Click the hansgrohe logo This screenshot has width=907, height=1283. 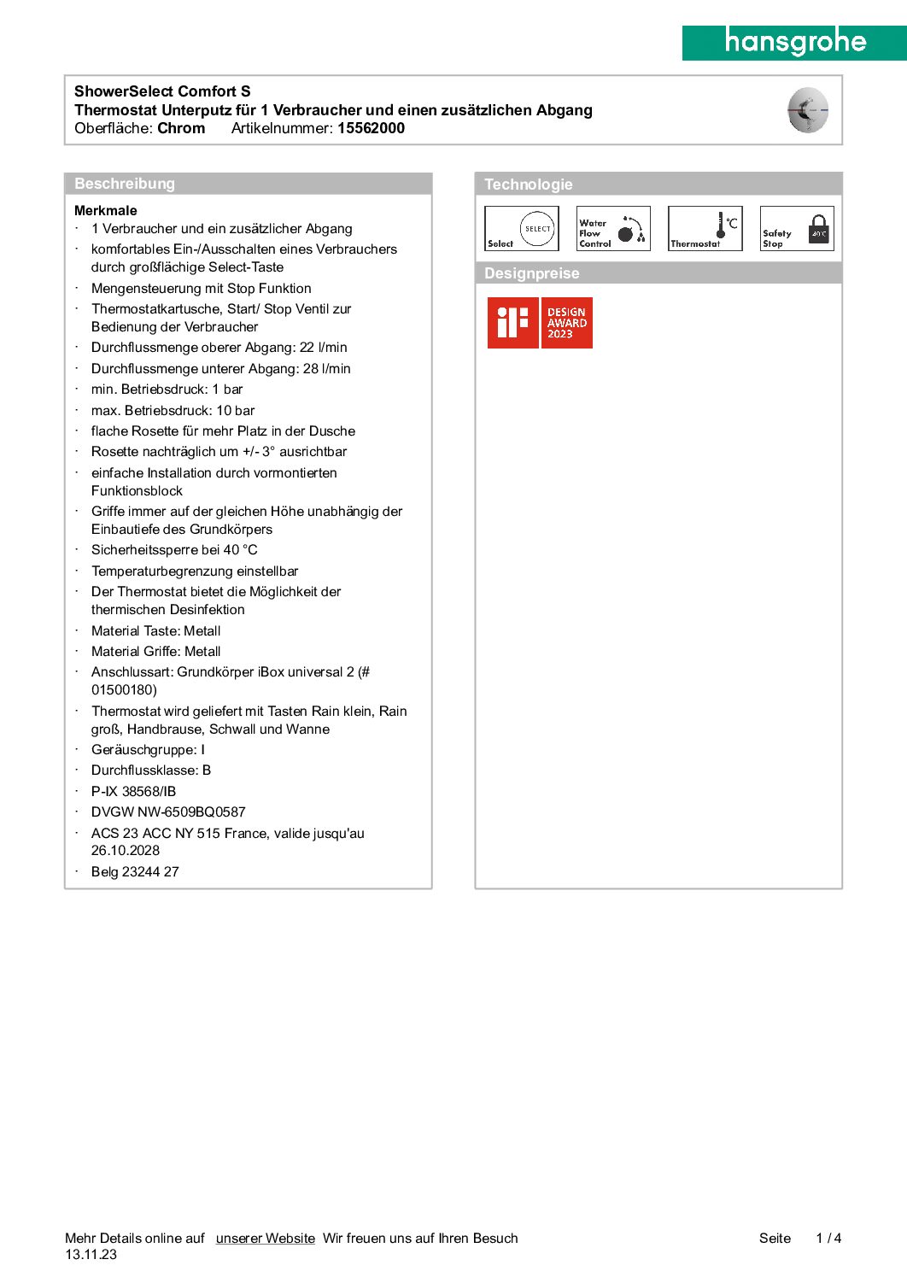point(795,42)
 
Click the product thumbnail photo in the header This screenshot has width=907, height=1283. point(807,110)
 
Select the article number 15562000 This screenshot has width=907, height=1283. point(371,128)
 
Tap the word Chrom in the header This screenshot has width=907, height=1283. point(181,128)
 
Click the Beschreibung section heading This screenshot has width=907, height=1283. point(125,184)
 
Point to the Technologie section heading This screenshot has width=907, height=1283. point(529,185)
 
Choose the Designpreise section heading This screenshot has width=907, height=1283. point(532,273)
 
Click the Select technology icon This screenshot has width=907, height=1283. point(522,229)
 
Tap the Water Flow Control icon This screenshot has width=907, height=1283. point(613,229)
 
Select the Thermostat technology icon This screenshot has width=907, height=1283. point(705,229)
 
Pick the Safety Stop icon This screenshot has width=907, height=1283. point(797,229)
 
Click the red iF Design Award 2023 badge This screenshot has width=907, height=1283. point(540,323)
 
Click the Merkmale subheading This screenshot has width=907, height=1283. point(106,210)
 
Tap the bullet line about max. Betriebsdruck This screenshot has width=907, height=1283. point(173,411)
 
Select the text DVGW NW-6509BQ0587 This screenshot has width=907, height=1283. point(168,812)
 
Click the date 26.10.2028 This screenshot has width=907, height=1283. point(126,851)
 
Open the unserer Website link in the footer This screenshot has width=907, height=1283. point(265,1239)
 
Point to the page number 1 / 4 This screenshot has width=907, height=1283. point(828,1239)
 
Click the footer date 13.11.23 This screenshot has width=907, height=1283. point(91,1255)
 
